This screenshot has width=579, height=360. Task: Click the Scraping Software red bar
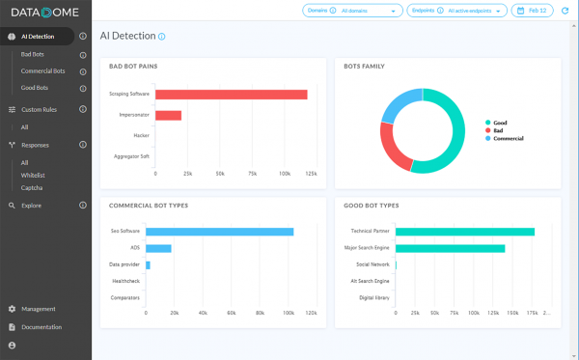[x=232, y=95]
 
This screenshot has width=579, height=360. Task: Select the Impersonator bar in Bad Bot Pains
[x=168, y=115]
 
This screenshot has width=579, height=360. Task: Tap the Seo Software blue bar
[x=219, y=232]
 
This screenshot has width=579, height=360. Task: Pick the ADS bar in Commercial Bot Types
[x=158, y=248]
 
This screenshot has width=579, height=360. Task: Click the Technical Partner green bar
[x=464, y=232]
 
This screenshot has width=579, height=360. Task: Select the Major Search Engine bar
[x=450, y=248]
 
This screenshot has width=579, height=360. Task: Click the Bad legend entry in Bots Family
[x=499, y=130]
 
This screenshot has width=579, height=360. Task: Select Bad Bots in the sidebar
[x=34, y=55]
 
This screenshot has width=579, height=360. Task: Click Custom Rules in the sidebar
[x=39, y=110]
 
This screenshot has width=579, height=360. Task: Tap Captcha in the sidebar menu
[x=32, y=187]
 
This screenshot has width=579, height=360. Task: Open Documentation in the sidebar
[x=41, y=327]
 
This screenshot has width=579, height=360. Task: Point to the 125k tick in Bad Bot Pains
[x=310, y=175]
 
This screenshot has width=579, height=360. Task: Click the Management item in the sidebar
[x=39, y=309]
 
